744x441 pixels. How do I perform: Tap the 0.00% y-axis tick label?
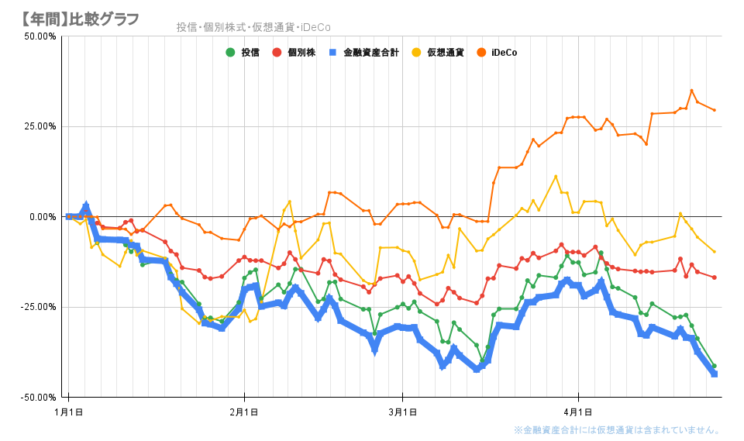click(x=42, y=217)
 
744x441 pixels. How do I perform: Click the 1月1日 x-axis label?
click(x=69, y=410)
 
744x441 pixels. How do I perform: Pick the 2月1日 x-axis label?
click(x=244, y=410)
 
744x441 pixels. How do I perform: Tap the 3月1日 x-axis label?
click(x=401, y=410)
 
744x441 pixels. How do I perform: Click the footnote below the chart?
click(x=617, y=430)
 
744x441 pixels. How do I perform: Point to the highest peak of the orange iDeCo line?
click(x=692, y=91)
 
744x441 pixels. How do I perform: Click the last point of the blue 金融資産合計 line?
click(x=714, y=374)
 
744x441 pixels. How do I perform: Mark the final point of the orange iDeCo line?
click(x=714, y=110)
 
